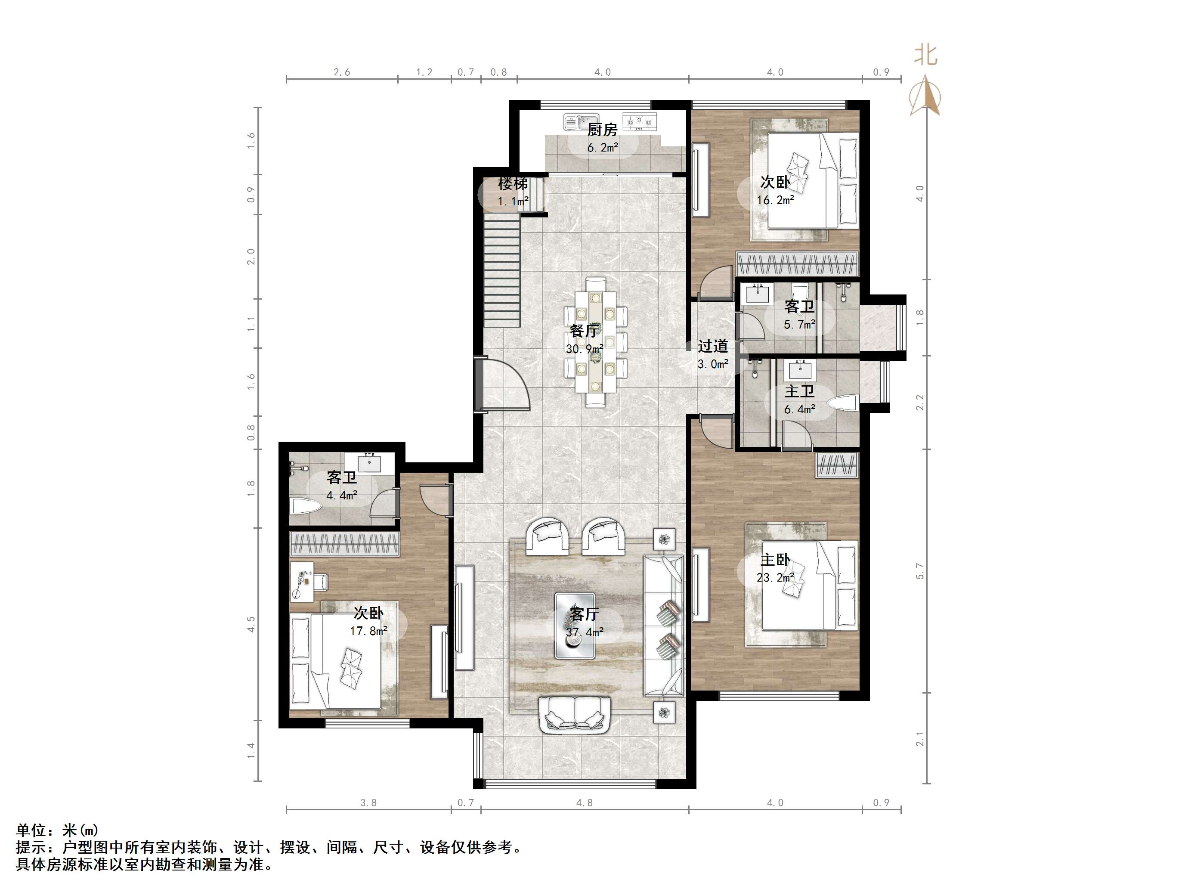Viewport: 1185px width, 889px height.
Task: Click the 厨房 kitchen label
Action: pyautogui.click(x=602, y=130)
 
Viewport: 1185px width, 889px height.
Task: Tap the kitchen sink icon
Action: pyautogui.click(x=580, y=122)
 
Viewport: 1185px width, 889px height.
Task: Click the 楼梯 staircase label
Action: pyautogui.click(x=513, y=184)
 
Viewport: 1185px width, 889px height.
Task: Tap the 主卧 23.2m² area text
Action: pyautogui.click(x=775, y=578)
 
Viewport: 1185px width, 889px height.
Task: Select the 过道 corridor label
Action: pyautogui.click(x=712, y=347)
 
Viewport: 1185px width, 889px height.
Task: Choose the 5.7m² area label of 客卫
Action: pyautogui.click(x=799, y=324)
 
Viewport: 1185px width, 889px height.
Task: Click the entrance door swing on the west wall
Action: pyautogui.click(x=502, y=386)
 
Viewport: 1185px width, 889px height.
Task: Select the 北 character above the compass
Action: pyautogui.click(x=925, y=55)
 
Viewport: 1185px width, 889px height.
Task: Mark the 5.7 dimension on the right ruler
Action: pyautogui.click(x=920, y=571)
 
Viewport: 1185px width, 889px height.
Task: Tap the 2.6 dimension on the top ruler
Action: pyautogui.click(x=342, y=72)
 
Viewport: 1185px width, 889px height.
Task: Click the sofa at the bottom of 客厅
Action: pyautogui.click(x=575, y=715)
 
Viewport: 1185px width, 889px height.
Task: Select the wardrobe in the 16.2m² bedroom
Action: pyautogui.click(x=798, y=264)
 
